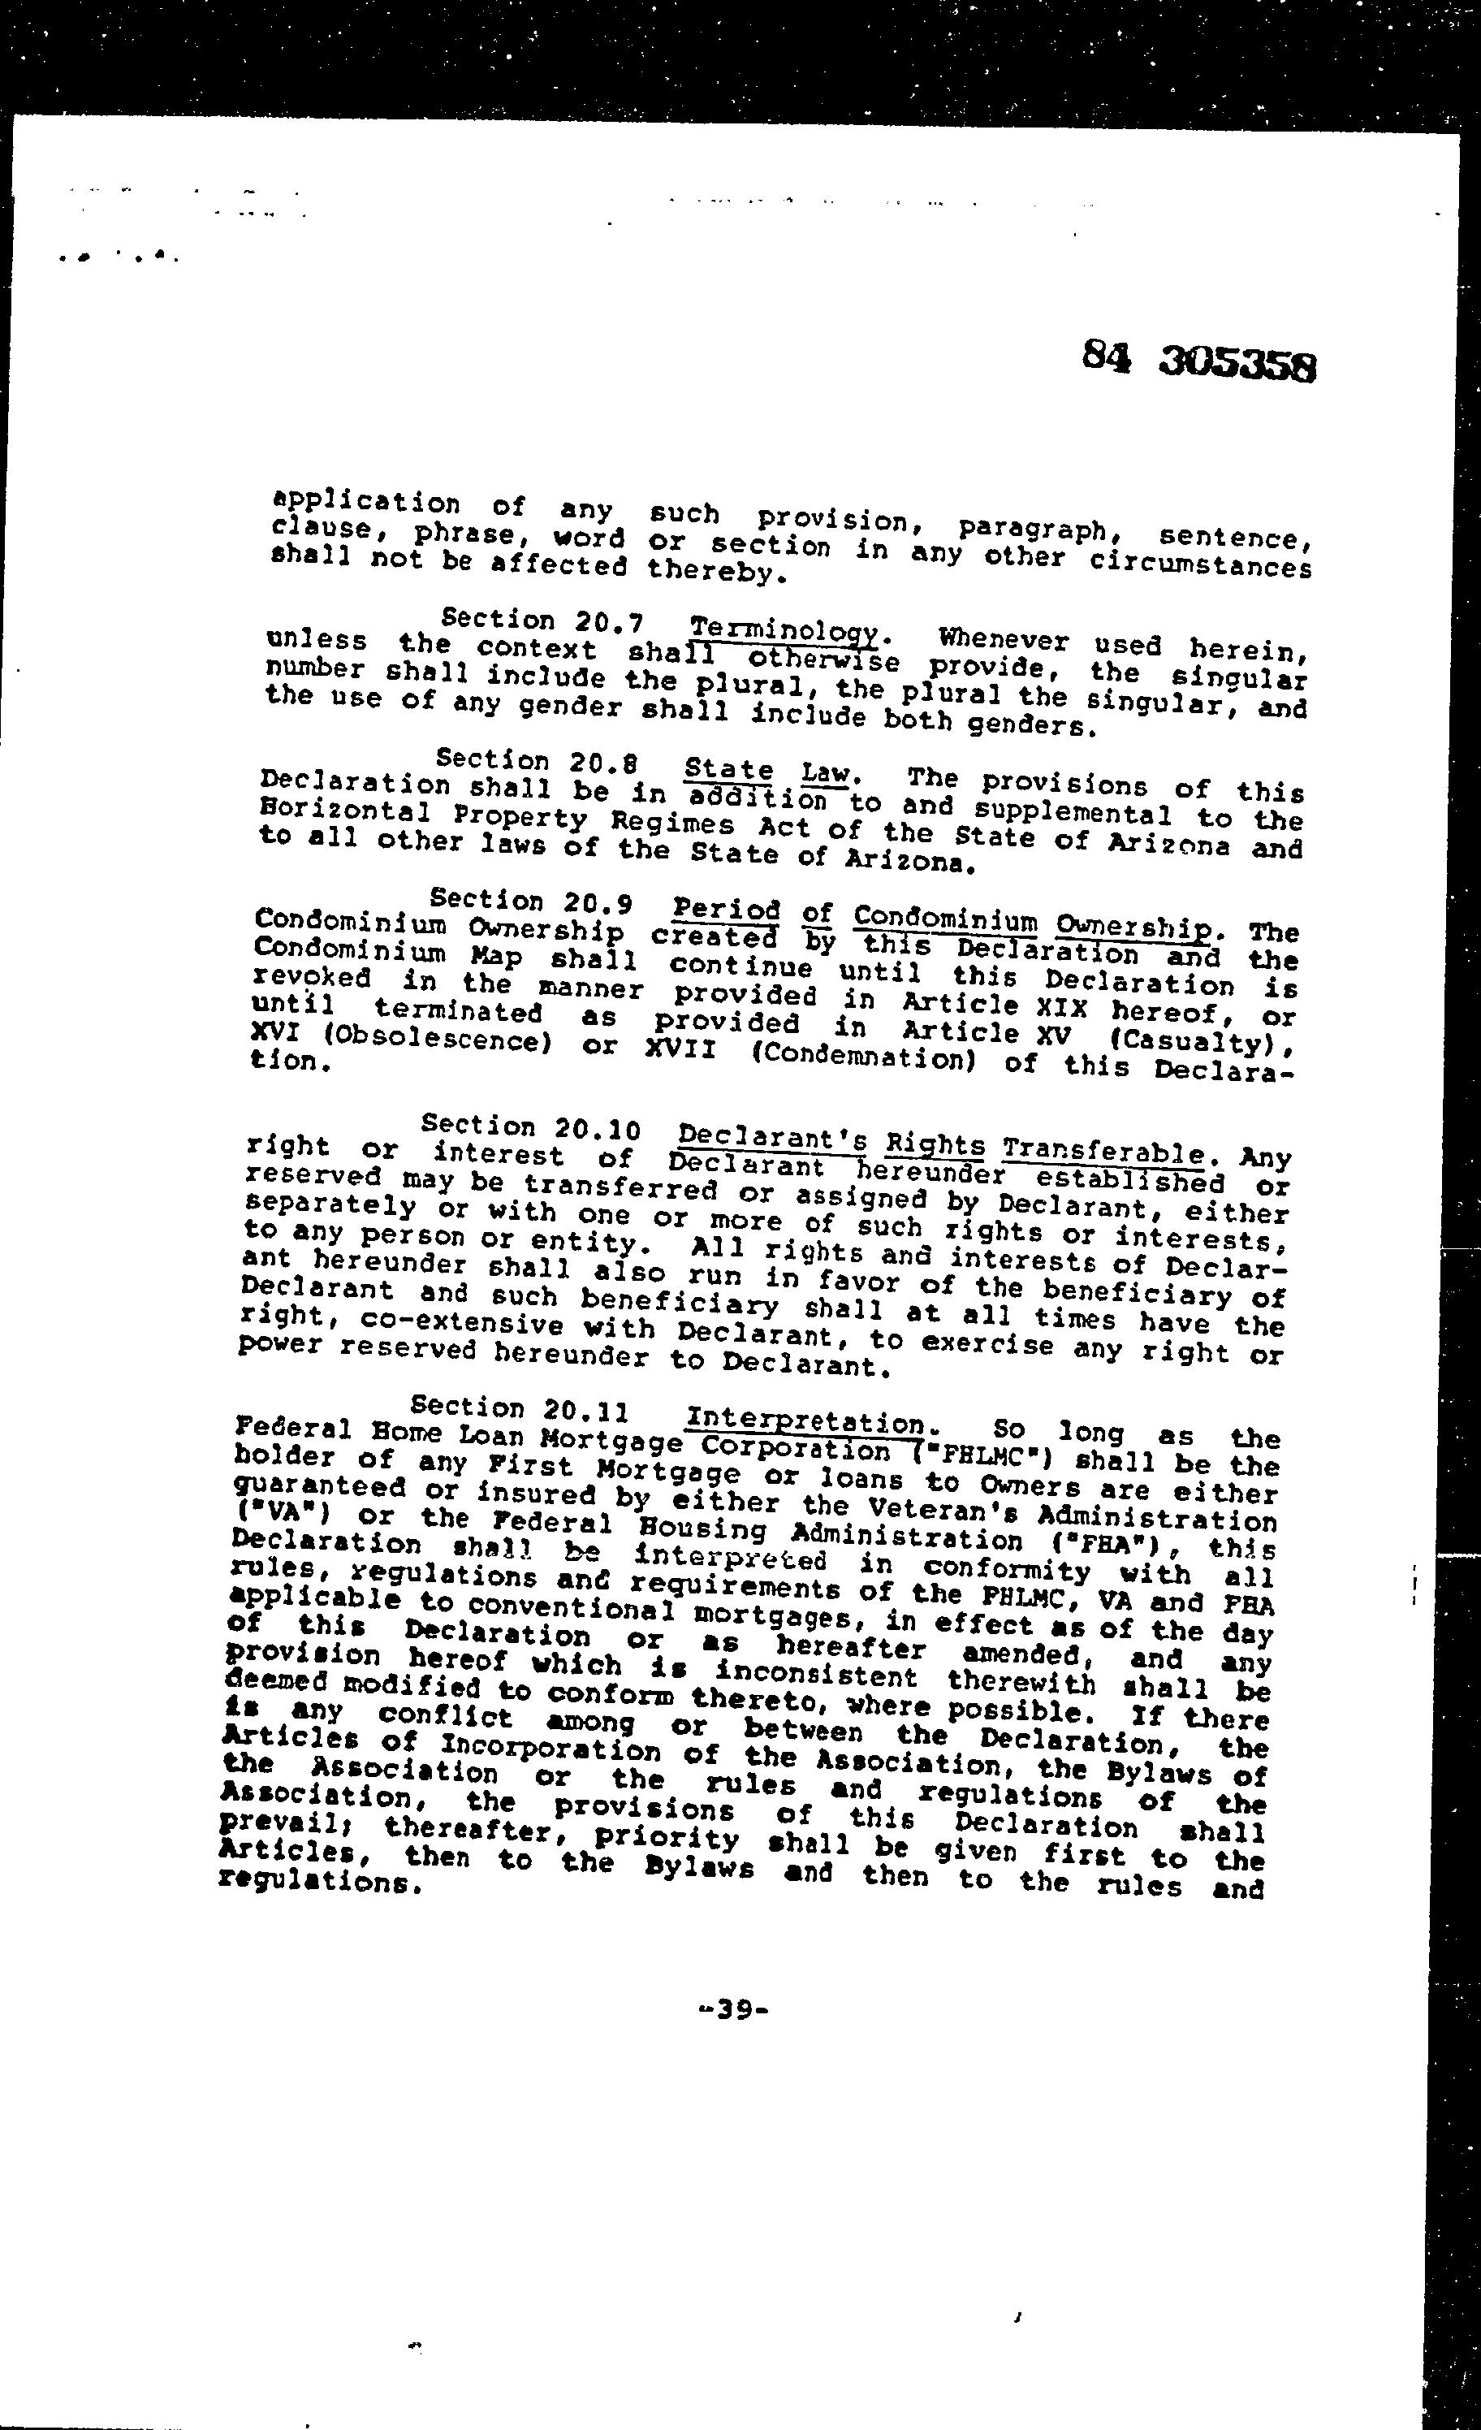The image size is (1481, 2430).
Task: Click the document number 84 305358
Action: (1198, 360)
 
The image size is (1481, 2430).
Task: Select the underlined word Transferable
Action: (1103, 1151)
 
